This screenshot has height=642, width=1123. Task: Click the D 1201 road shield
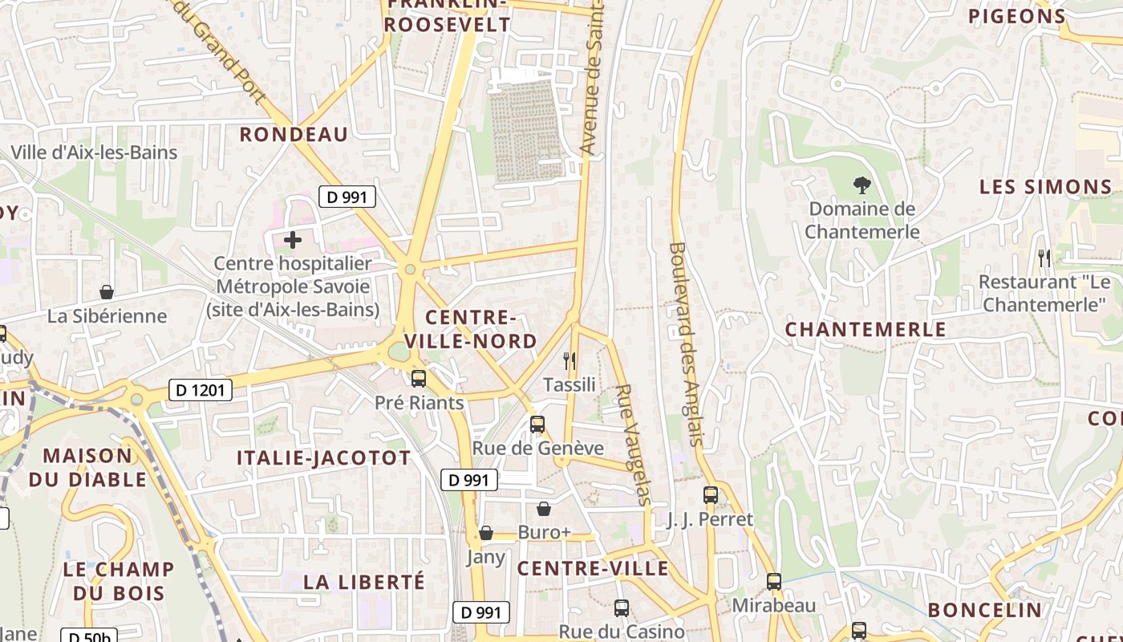click(x=201, y=391)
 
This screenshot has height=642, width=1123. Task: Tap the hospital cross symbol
click(x=293, y=239)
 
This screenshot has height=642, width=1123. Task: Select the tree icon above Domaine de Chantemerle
click(x=862, y=185)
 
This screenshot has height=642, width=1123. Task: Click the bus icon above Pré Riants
click(x=419, y=378)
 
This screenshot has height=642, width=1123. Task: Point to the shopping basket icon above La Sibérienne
click(x=107, y=292)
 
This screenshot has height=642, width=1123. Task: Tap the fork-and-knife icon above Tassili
click(x=570, y=360)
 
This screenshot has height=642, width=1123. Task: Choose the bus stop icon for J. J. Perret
click(x=710, y=495)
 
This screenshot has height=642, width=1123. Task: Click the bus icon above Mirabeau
click(x=773, y=581)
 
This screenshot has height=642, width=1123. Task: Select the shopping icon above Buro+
click(x=544, y=509)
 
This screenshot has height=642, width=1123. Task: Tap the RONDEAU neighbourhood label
click(x=294, y=135)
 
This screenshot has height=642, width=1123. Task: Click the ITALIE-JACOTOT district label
click(x=323, y=458)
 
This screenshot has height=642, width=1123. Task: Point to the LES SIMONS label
click(x=1045, y=188)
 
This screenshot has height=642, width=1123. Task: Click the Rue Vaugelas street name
click(x=633, y=444)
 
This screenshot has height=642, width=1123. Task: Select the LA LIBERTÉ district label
click(x=364, y=582)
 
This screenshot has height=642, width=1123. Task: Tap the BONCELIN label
click(x=984, y=610)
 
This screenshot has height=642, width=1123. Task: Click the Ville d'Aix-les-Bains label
click(x=94, y=152)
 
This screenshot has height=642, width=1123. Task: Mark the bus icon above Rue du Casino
click(x=621, y=608)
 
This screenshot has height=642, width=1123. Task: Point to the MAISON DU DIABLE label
click(x=89, y=468)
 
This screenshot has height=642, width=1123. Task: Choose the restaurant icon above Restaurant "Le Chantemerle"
click(x=1044, y=258)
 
